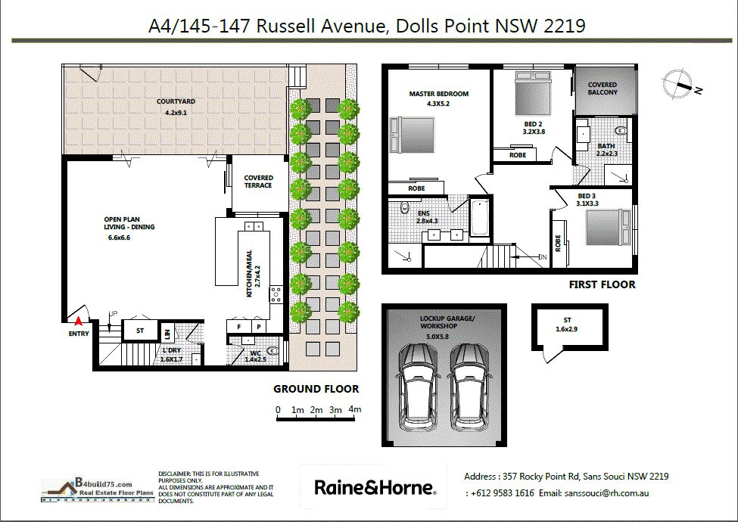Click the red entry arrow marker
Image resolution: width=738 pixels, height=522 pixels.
[x=79, y=322]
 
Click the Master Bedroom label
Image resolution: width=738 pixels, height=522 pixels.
[x=439, y=94]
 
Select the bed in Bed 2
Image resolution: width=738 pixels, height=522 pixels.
[x=533, y=92]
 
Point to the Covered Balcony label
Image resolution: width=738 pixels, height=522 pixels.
[x=603, y=89]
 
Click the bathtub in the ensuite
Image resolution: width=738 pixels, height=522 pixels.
[x=480, y=217]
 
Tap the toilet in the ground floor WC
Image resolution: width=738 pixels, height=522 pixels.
[x=272, y=351]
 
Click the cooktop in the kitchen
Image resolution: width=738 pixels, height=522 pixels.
[x=276, y=294]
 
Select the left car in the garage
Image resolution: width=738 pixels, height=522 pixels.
[x=418, y=387]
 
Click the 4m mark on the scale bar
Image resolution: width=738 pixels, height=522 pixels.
[x=355, y=409]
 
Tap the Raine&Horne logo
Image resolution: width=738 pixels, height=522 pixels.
[x=375, y=487]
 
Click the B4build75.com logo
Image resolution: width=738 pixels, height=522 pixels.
[x=98, y=490]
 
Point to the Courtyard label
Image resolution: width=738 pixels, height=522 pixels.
[x=176, y=101]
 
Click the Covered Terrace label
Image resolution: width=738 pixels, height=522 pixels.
[x=258, y=182]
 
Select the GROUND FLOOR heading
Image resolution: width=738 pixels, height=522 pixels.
[x=316, y=389]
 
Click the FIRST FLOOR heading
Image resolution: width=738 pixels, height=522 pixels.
[x=602, y=284]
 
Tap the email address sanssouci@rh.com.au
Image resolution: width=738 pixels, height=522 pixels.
[x=607, y=493]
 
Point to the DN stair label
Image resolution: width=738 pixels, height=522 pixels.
[x=543, y=257]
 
